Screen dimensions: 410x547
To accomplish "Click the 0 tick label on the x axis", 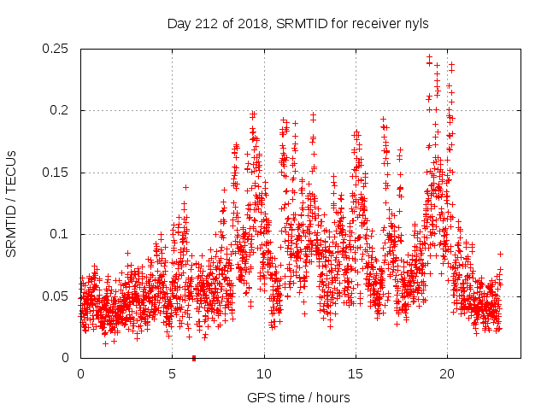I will tap(80, 374).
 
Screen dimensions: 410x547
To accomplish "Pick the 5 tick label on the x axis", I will tap(172, 374).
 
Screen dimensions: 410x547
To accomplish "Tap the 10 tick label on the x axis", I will tap(264, 374).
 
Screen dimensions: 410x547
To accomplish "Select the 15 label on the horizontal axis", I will tap(356, 374).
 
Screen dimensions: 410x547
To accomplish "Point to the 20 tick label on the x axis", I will tap(447, 374).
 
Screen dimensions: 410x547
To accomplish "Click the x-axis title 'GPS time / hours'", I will tap(298, 397).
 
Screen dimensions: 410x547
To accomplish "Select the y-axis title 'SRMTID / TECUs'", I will tap(12, 203).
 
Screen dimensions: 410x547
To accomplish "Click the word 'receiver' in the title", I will tap(372, 23).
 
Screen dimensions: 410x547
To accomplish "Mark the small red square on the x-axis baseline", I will tap(194, 358).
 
